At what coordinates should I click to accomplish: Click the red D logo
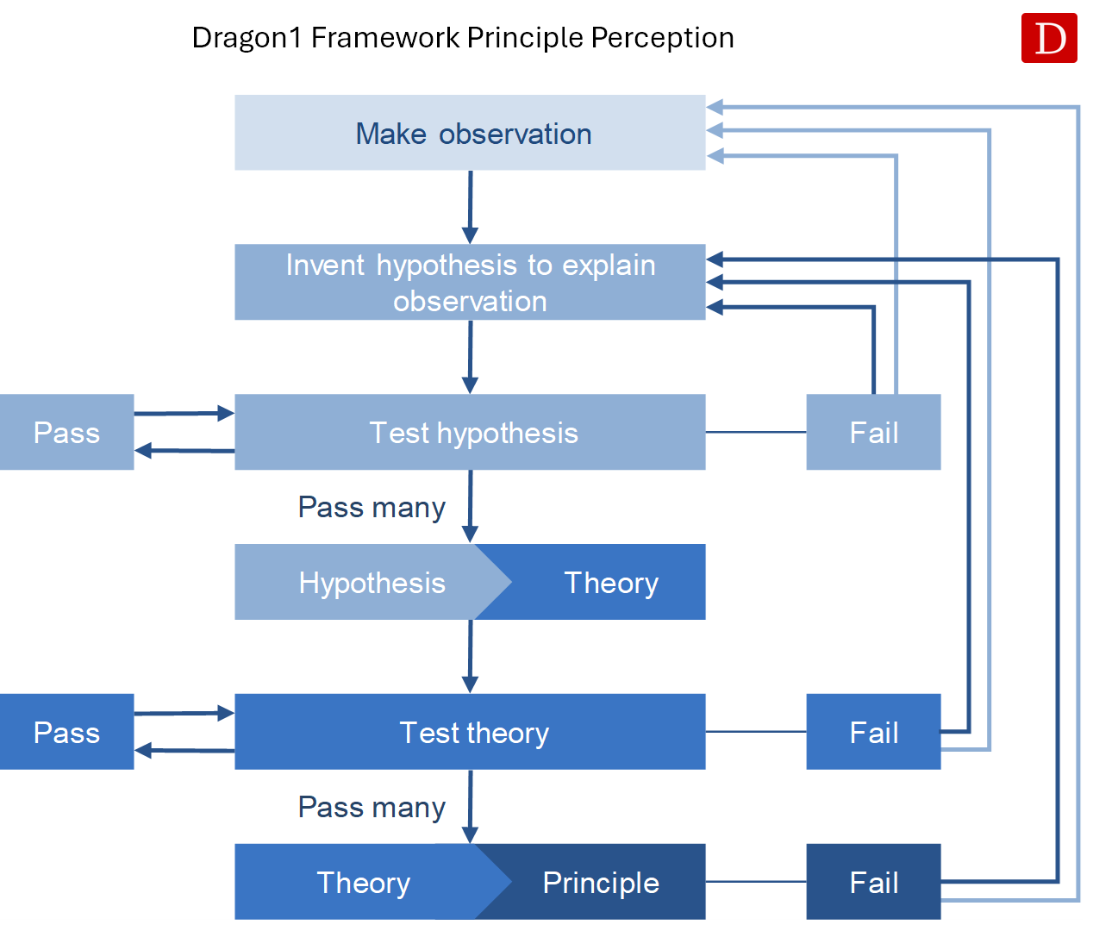(1049, 38)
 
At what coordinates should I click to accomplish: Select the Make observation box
(470, 133)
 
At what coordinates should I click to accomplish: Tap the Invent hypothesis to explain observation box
(470, 282)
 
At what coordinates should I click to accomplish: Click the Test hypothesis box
(470, 432)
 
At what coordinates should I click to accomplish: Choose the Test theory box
(470, 732)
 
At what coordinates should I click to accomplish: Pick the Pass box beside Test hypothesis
(66, 432)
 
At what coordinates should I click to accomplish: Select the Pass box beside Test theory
(66, 732)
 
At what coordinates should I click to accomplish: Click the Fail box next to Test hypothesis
(873, 432)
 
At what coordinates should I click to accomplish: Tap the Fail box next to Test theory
(873, 732)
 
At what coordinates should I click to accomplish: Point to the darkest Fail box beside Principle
(873, 882)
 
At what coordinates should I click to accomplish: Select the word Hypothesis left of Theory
(372, 584)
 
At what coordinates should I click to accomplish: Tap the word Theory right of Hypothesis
(611, 583)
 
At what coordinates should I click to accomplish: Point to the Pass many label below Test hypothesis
(372, 508)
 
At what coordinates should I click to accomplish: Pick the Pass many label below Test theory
(372, 808)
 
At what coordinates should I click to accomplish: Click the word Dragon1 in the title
(247, 39)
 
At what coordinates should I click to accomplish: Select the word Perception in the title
(663, 38)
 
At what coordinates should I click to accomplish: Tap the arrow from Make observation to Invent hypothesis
(470, 208)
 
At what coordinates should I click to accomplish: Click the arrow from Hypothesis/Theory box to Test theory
(470, 657)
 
